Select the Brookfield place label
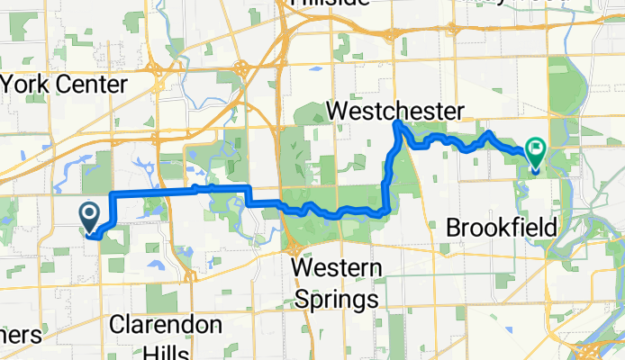pyautogui.click(x=501, y=226)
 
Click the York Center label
pyautogui.click(x=65, y=85)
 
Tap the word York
pyautogui.click(x=27, y=85)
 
